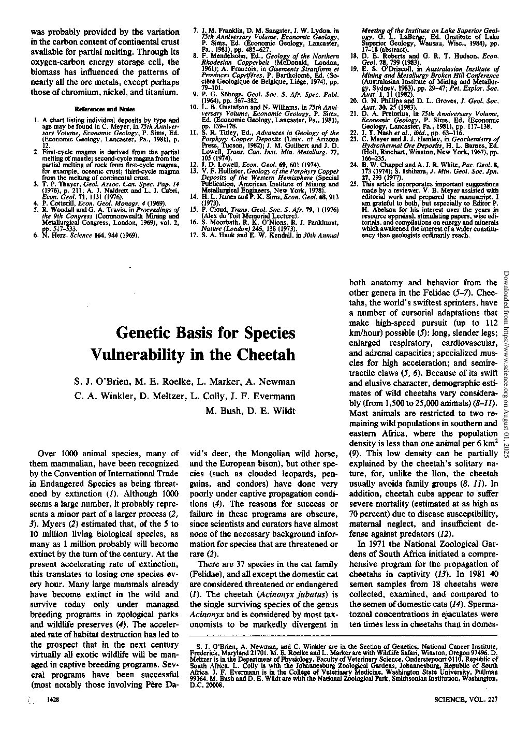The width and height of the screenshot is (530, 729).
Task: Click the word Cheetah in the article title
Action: (x=267, y=355)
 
